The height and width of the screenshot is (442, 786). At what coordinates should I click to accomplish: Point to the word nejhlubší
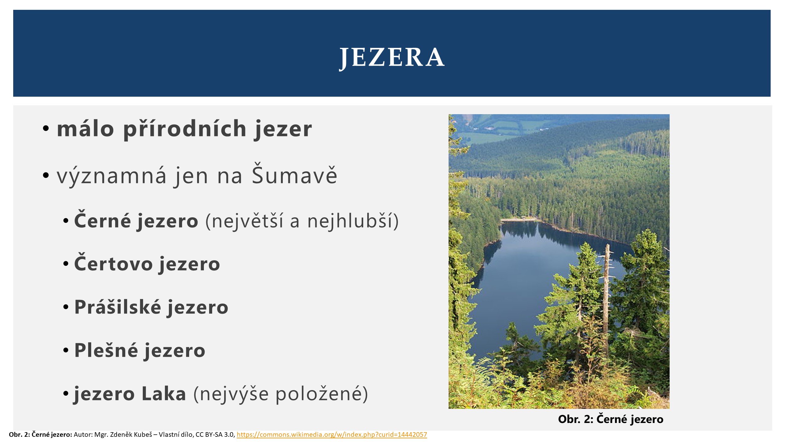(353, 220)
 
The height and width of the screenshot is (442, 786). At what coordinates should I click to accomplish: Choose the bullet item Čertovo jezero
(147, 263)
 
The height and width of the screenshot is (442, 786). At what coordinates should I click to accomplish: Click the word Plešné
(106, 350)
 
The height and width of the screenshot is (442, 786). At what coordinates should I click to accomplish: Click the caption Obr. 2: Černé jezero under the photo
(611, 419)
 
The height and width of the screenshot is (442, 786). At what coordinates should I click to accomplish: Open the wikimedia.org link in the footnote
(332, 435)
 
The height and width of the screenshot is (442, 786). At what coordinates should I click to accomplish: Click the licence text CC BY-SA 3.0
(215, 435)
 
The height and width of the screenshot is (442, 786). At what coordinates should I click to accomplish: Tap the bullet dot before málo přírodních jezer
(46, 128)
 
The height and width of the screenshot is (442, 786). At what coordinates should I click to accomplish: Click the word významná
(111, 176)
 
